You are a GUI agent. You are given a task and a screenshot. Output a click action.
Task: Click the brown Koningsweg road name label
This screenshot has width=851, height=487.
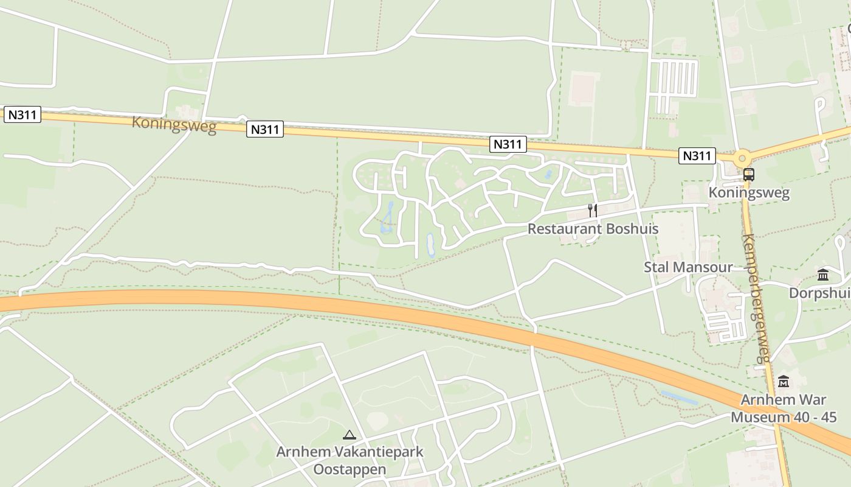(x=174, y=124)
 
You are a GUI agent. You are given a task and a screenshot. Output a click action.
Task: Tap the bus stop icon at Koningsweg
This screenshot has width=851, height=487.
(x=748, y=175)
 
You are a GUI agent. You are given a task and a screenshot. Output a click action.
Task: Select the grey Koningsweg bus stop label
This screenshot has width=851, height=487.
(x=749, y=193)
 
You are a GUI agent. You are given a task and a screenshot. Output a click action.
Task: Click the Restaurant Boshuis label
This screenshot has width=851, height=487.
(x=593, y=229)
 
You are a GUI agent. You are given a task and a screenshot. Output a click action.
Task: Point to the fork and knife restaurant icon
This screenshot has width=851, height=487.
(x=592, y=211)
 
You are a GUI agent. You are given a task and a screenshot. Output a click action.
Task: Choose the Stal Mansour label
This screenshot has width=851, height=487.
(x=688, y=267)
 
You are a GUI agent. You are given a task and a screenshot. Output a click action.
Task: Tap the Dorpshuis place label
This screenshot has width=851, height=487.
(x=819, y=293)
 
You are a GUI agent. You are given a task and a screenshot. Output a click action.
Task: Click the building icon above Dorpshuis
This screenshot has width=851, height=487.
(x=823, y=275)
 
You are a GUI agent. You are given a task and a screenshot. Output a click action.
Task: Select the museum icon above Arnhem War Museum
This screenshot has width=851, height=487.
(x=784, y=382)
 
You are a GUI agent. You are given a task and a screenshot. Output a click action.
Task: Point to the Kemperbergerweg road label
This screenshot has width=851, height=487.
(x=757, y=298)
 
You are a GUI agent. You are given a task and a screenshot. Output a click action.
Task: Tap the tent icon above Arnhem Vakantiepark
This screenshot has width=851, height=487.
(x=349, y=435)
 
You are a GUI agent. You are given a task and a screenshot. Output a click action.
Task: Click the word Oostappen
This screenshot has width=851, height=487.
(x=350, y=469)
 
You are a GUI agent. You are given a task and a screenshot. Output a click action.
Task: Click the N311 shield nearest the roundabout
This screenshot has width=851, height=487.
(x=697, y=155)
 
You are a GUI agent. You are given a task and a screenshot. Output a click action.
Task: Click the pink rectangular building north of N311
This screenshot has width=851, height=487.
(x=584, y=89)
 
